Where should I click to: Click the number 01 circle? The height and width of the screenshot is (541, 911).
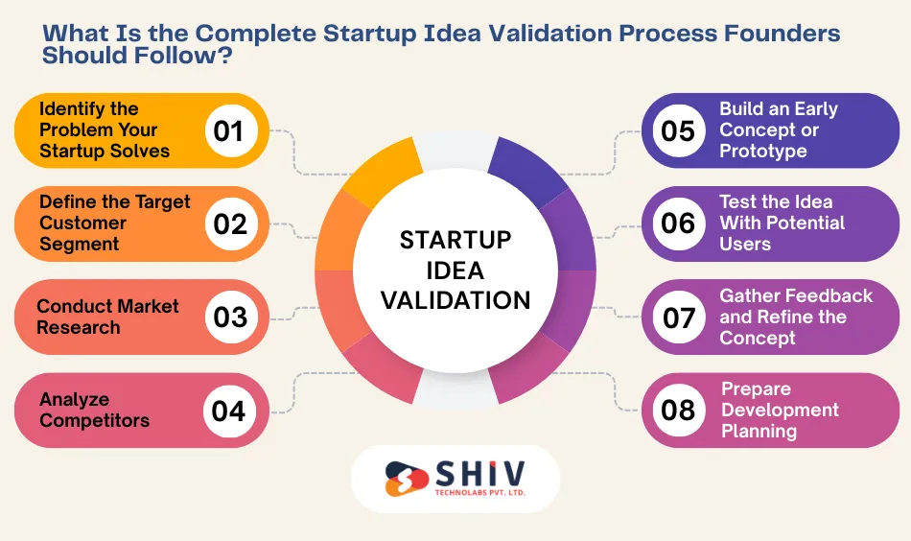[x=229, y=130]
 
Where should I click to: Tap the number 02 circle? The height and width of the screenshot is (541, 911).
[x=230, y=223]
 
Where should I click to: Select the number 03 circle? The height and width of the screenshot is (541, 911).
[x=230, y=318]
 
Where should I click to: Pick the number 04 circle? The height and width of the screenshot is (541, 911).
[x=229, y=411]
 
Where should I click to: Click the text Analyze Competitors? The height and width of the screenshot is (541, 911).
[x=95, y=411]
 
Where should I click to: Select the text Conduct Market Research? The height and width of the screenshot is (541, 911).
[x=107, y=318]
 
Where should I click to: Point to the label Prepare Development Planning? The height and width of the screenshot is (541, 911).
[x=780, y=411]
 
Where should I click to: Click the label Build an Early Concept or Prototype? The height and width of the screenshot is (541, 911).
[x=778, y=130]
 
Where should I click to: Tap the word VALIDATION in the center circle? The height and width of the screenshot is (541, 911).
[x=455, y=300]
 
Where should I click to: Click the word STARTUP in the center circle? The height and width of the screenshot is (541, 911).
[x=455, y=240]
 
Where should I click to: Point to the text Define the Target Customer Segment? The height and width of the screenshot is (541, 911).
[x=114, y=223]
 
